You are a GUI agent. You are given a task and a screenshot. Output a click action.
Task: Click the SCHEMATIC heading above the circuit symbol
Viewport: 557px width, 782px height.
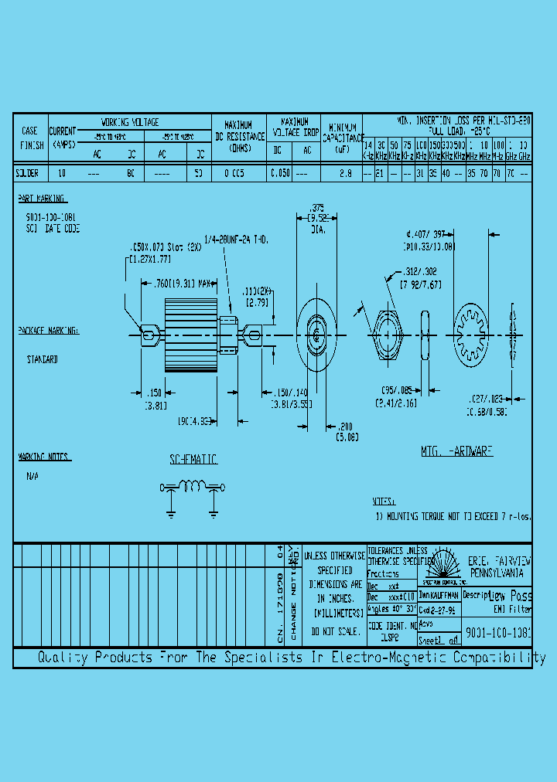(x=193, y=460)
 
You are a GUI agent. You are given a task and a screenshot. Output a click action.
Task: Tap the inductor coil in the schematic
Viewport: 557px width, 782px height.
(x=193, y=486)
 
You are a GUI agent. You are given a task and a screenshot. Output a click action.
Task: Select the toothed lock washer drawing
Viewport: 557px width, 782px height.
(x=475, y=334)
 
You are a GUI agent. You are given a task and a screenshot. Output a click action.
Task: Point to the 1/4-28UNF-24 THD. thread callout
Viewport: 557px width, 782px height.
(x=237, y=241)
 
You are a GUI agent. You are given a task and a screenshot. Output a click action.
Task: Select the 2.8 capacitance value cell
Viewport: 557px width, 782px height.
(x=346, y=174)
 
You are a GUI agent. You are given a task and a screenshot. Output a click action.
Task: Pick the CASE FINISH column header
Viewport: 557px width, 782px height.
(x=30, y=137)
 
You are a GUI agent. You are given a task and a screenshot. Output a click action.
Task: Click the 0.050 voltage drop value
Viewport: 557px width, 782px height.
(x=279, y=174)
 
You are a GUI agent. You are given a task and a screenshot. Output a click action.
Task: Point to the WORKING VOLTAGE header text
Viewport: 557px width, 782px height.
(x=130, y=122)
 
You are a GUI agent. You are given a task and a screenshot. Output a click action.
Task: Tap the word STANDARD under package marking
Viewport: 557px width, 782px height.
(x=43, y=359)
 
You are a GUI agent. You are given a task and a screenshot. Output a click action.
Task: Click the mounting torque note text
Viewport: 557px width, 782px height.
(x=453, y=515)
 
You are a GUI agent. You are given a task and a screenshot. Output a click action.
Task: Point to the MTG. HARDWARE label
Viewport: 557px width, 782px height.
(x=456, y=450)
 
